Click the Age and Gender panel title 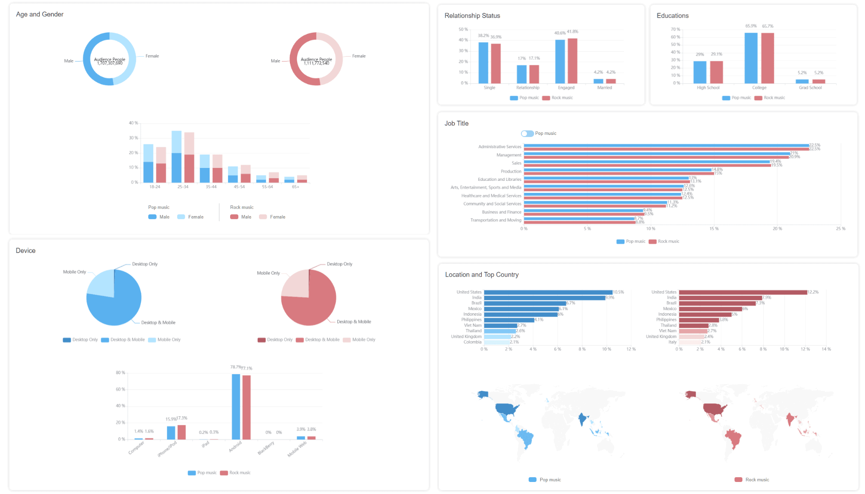[x=40, y=14]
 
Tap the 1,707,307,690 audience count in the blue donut [x=110, y=64]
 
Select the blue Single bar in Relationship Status [x=483, y=63]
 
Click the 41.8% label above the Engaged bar [x=573, y=32]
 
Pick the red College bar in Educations [x=767, y=58]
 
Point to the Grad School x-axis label [x=810, y=88]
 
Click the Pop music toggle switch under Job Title [x=527, y=134]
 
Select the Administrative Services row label [x=499, y=147]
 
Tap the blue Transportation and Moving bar [x=579, y=219]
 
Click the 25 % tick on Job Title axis [x=840, y=229]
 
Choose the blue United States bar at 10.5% [x=548, y=292]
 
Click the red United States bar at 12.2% [x=743, y=292]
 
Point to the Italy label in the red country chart [x=672, y=342]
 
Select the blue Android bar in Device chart [x=236, y=406]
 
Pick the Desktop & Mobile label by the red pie [x=354, y=322]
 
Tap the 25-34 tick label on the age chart [x=183, y=187]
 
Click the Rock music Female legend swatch [x=263, y=217]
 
